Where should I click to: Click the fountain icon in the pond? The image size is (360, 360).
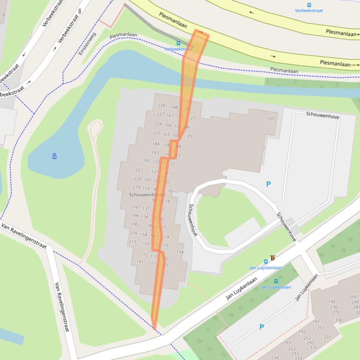(x=54, y=156)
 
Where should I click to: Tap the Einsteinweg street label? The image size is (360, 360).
(x=87, y=43)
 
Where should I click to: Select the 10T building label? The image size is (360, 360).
(x=270, y=119)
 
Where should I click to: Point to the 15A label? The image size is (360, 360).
(x=180, y=252)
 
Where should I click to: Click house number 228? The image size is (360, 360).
(x=162, y=106)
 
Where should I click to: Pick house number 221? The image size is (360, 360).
(x=139, y=170)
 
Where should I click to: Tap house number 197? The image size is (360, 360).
(x=136, y=207)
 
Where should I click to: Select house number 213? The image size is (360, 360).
(x=132, y=242)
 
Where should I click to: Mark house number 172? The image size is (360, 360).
(x=144, y=255)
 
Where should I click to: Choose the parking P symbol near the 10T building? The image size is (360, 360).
(x=268, y=184)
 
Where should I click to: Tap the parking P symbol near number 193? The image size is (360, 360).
(x=261, y=327)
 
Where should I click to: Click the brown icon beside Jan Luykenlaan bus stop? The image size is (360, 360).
(x=272, y=258)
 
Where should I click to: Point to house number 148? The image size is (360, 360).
(x=174, y=107)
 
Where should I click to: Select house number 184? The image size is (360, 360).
(x=156, y=144)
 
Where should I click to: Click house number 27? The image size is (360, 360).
(x=192, y=119)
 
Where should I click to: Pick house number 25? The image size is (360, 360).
(x=190, y=137)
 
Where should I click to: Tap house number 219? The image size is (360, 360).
(x=136, y=187)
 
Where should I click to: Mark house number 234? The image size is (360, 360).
(x=274, y=358)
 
